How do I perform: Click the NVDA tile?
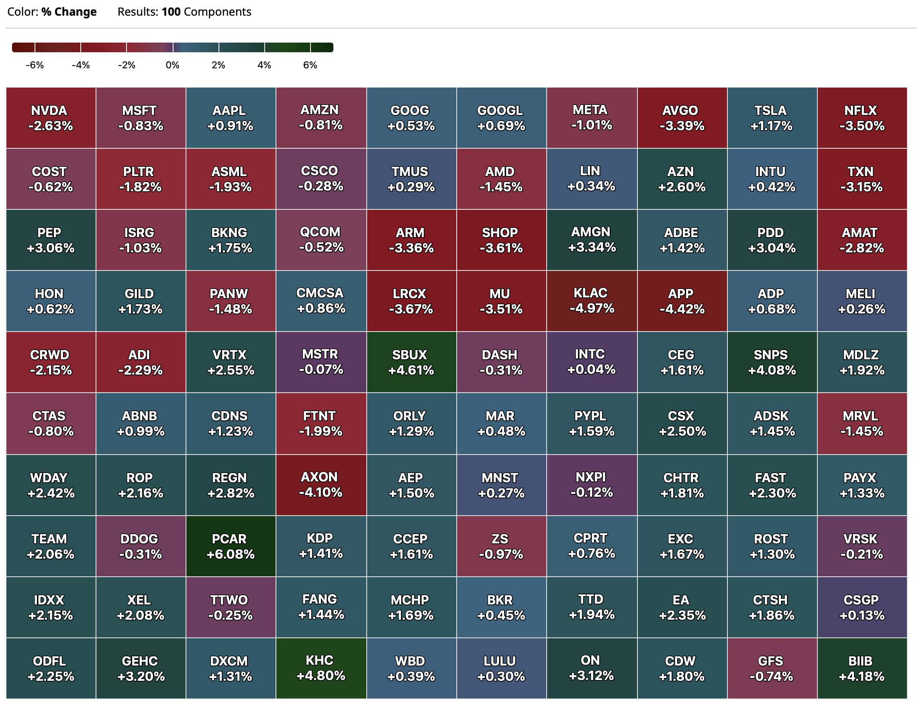pyautogui.click(x=51, y=118)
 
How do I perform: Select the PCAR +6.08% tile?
pyautogui.click(x=231, y=546)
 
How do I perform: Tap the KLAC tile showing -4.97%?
pyautogui.click(x=592, y=301)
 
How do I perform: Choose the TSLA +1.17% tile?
pyautogui.click(x=772, y=118)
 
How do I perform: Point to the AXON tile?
pyautogui.click(x=321, y=485)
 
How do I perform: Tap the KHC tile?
pyautogui.click(x=321, y=668)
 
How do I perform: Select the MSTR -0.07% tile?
pyautogui.click(x=321, y=362)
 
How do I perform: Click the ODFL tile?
pyautogui.click(x=51, y=668)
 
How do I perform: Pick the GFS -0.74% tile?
pyautogui.click(x=772, y=668)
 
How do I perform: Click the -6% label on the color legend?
pyautogui.click(x=35, y=65)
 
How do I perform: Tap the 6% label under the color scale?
pyautogui.click(x=310, y=65)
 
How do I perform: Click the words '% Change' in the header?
pyautogui.click(x=69, y=12)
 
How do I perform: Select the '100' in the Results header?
pyautogui.click(x=171, y=12)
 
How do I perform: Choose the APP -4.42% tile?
pyautogui.click(x=682, y=301)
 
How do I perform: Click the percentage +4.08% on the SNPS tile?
pyautogui.click(x=772, y=370)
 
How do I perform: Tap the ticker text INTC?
pyautogui.click(x=590, y=354)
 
